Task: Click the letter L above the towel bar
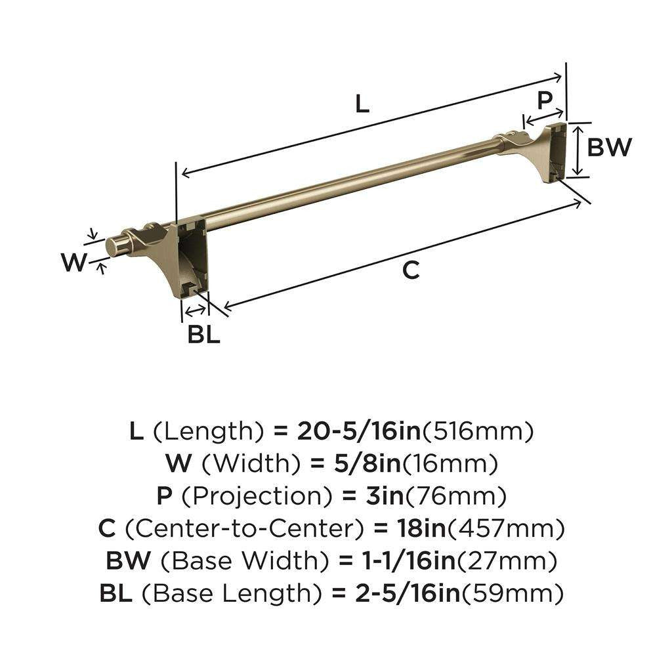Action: pyautogui.click(x=362, y=103)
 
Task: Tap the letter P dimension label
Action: pyautogui.click(x=544, y=100)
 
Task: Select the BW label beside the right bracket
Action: pyautogui.click(x=609, y=148)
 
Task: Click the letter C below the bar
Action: pyautogui.click(x=411, y=270)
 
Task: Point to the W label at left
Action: pyautogui.click(x=73, y=263)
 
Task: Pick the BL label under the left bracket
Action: pyautogui.click(x=203, y=335)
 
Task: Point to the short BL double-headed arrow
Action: pyautogui.click(x=194, y=310)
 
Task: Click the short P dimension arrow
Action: pyautogui.click(x=543, y=116)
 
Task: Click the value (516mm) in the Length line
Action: pyautogui.click(x=477, y=431)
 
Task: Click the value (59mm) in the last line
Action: pyautogui.click(x=513, y=594)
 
